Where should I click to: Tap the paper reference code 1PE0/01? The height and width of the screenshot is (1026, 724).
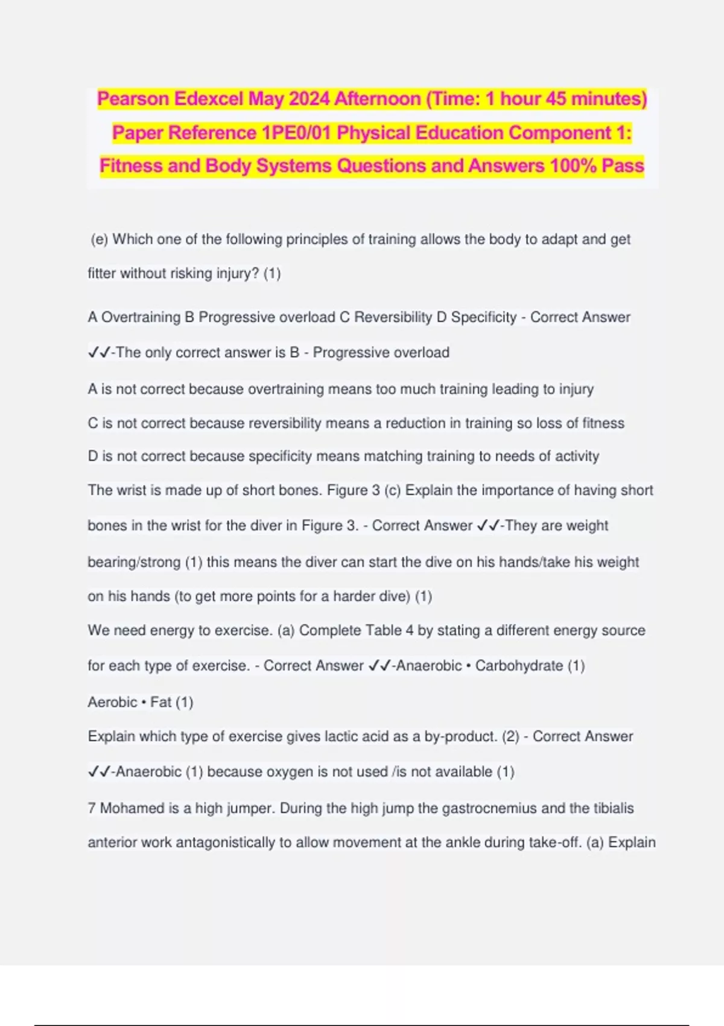pos(296,133)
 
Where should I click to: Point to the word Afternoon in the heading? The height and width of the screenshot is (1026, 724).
pos(377,98)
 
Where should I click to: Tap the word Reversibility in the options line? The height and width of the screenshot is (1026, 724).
pos(393,317)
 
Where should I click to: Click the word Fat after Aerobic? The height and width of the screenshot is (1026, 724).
pos(160,703)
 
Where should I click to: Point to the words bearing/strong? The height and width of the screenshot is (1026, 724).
pos(134,562)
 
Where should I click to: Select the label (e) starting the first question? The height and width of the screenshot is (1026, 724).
pos(100,240)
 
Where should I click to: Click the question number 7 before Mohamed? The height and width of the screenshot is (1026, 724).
pos(92,808)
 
